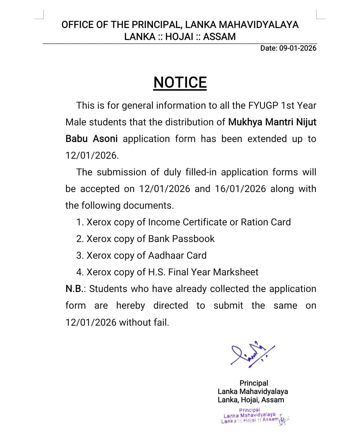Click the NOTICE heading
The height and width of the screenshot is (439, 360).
(x=180, y=82)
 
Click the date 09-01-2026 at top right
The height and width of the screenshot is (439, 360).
(x=298, y=48)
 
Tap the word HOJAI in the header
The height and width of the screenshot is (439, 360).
(x=179, y=37)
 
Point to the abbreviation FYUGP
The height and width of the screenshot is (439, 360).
(x=263, y=105)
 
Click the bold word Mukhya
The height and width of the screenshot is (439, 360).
(x=245, y=122)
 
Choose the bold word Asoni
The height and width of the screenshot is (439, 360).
(x=105, y=139)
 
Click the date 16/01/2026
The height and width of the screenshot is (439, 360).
(x=240, y=189)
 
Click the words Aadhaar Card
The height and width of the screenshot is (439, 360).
(x=177, y=255)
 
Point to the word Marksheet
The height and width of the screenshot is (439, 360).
(x=236, y=272)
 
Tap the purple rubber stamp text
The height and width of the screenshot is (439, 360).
(x=250, y=415)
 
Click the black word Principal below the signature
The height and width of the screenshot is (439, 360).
(x=254, y=383)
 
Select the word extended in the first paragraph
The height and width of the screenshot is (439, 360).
(x=267, y=139)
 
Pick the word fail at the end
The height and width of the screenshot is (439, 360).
(x=161, y=322)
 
